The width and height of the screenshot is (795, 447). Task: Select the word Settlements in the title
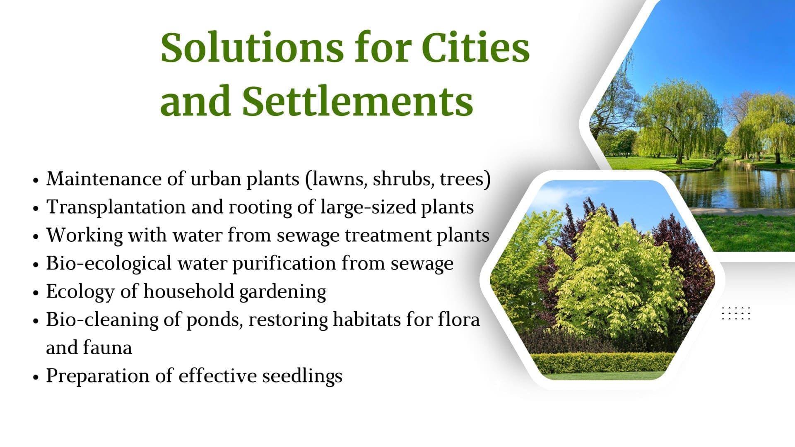coord(357,101)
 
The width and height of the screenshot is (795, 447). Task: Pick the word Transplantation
coord(116,207)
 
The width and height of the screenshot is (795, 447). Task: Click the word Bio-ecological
coord(108,264)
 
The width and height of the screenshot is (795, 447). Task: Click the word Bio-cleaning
coord(102,320)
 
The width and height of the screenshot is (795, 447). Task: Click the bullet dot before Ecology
coord(36,293)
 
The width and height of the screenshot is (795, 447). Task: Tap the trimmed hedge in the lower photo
coord(602,363)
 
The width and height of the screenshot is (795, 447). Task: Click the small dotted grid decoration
coord(736,313)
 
